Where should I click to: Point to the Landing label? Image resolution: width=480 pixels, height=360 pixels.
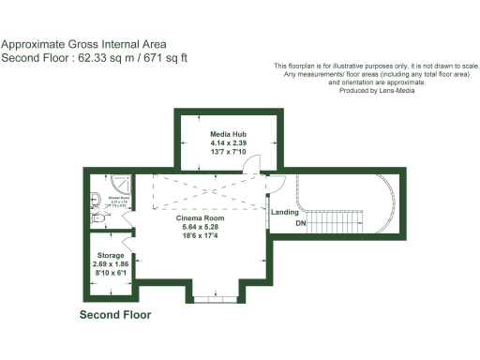point(284,212)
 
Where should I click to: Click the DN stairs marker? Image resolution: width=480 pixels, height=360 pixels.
point(300,225)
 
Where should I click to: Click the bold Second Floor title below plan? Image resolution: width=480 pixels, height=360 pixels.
point(115,315)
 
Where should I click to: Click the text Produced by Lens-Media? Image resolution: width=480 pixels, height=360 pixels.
point(377,90)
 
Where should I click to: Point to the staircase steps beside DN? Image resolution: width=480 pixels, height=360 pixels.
point(337,224)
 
